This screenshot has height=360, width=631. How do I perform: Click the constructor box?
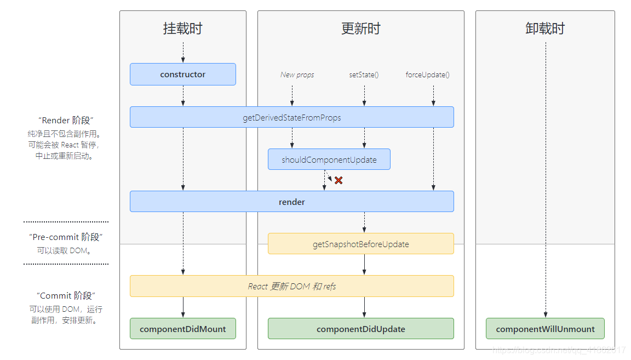(182, 75)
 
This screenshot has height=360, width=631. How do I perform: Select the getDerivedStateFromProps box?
(291, 117)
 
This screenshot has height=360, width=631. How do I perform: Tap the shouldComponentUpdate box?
(329, 159)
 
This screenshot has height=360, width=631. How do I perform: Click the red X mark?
(339, 180)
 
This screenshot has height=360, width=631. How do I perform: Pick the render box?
(291, 202)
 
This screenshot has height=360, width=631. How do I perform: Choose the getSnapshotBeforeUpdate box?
(360, 244)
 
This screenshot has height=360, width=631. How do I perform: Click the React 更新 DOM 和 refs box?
(291, 286)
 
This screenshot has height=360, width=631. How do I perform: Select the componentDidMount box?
(182, 329)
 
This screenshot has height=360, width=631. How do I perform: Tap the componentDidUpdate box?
(360, 329)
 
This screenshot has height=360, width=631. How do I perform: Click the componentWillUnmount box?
(544, 329)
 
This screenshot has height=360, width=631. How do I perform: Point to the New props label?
(297, 75)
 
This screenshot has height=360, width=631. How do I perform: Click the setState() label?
(364, 75)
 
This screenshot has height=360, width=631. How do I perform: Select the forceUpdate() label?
(427, 75)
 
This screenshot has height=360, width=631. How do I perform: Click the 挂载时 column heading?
(182, 28)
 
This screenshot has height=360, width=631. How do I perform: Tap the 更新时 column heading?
(360, 28)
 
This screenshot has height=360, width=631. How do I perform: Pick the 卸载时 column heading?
(544, 28)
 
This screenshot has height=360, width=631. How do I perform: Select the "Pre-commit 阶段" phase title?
(66, 237)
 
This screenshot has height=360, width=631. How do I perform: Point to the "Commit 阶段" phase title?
(66, 296)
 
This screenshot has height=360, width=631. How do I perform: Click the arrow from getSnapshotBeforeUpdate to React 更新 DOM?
(364, 265)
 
